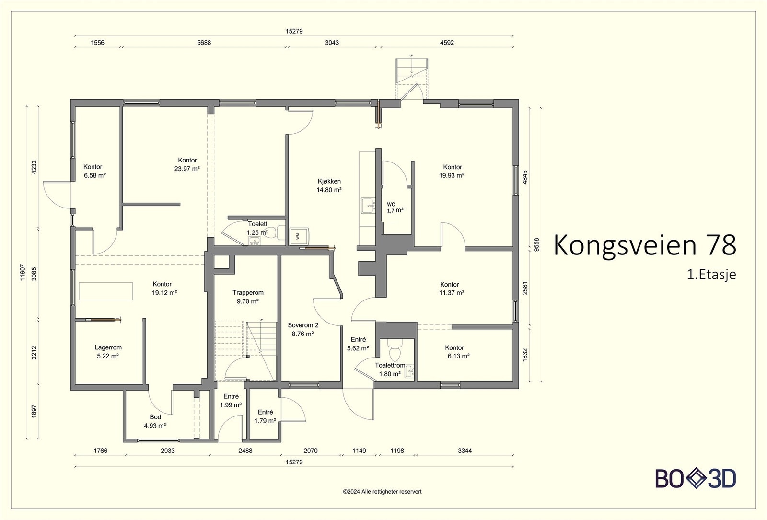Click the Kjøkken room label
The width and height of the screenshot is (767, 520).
[x=329, y=182]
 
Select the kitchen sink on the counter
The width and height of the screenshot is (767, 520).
[x=368, y=206]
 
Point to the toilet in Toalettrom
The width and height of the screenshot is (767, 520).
[x=395, y=349]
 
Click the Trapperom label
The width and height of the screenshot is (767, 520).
[x=248, y=293]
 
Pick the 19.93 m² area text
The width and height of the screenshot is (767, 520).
[x=452, y=175]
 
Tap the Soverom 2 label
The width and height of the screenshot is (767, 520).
[x=303, y=325]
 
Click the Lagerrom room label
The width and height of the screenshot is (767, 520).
[x=108, y=347]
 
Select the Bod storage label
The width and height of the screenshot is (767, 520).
[x=155, y=417]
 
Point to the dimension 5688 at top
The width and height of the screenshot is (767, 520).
[x=204, y=43]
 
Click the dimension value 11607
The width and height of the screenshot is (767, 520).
[x=23, y=273]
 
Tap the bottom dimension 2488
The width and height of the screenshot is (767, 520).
[x=245, y=451]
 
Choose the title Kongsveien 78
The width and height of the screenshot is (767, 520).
[x=645, y=245]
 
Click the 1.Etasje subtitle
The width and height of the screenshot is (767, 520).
[x=711, y=275]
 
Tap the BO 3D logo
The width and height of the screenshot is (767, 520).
[x=696, y=479]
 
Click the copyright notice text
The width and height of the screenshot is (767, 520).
[x=382, y=492]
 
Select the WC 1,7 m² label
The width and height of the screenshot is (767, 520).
[x=395, y=208]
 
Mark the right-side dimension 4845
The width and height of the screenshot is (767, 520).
[x=525, y=177]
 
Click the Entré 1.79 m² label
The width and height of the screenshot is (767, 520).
[x=266, y=416]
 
